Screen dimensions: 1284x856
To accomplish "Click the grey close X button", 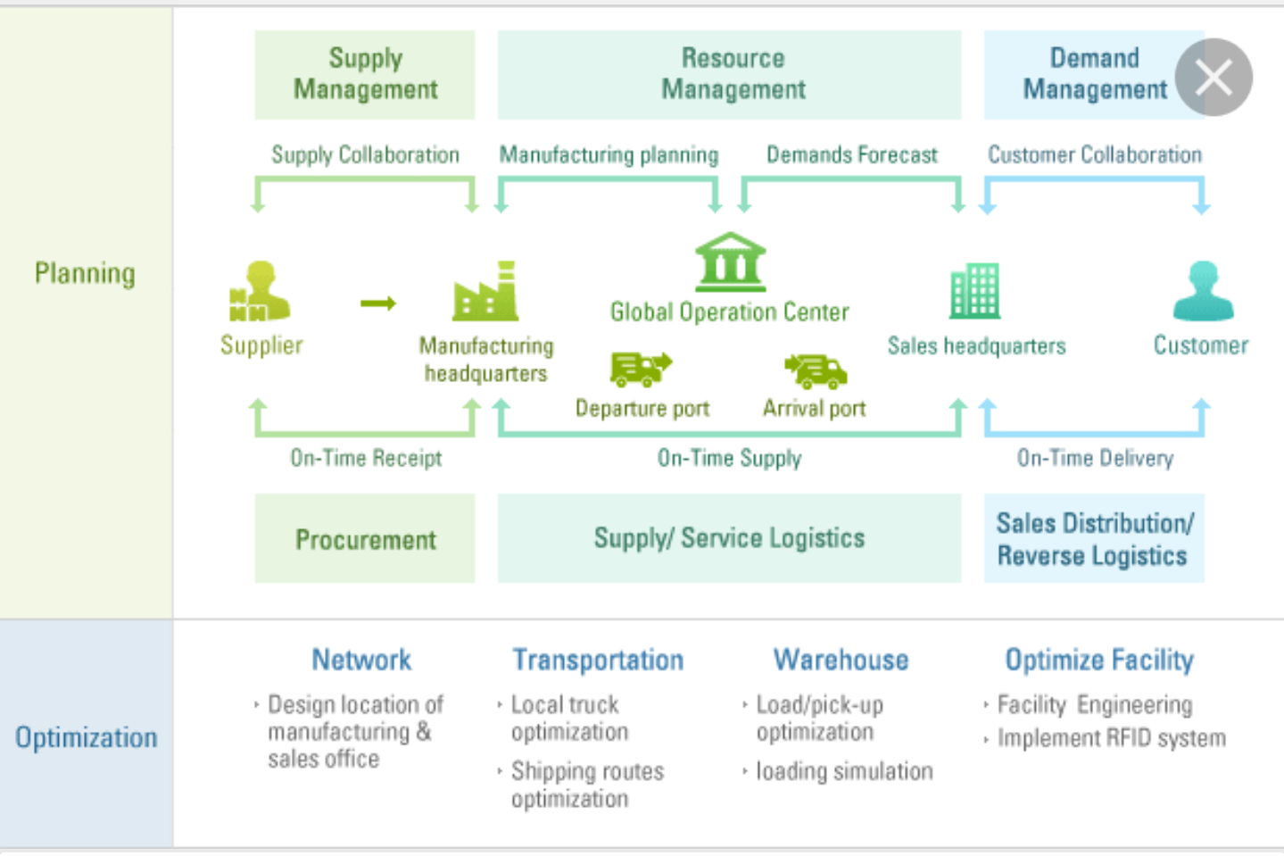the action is pyautogui.click(x=1214, y=78).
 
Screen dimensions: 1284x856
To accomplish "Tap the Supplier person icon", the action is pyautogui.click(x=260, y=291).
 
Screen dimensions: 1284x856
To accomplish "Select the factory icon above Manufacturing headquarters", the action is pyautogui.click(x=485, y=291).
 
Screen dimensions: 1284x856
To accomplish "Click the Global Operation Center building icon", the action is pyautogui.click(x=730, y=262).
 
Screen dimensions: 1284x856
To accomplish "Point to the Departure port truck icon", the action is pyautogui.click(x=641, y=370).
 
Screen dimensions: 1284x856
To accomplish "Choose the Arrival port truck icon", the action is pyautogui.click(x=816, y=371).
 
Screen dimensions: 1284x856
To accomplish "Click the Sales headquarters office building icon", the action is pyautogui.click(x=975, y=291).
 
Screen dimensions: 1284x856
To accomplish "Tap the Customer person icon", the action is pyautogui.click(x=1203, y=291).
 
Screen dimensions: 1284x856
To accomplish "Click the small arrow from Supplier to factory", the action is pyautogui.click(x=378, y=303).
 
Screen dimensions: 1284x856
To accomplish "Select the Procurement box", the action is pyautogui.click(x=365, y=538).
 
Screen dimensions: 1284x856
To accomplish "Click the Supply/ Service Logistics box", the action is pyautogui.click(x=729, y=538).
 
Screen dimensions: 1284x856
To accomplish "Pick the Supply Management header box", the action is pyautogui.click(x=365, y=75).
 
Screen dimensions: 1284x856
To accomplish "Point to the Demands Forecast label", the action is pyautogui.click(x=852, y=154).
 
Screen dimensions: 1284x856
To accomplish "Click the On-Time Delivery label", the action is pyautogui.click(x=1095, y=458).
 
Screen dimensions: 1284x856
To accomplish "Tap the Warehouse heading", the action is pyautogui.click(x=841, y=660).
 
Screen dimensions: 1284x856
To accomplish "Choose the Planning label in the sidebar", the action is pyautogui.click(x=86, y=274).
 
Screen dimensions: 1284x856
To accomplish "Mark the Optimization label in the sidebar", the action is pyautogui.click(x=86, y=737).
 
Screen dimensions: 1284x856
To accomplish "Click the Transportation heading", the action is pyautogui.click(x=599, y=660).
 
